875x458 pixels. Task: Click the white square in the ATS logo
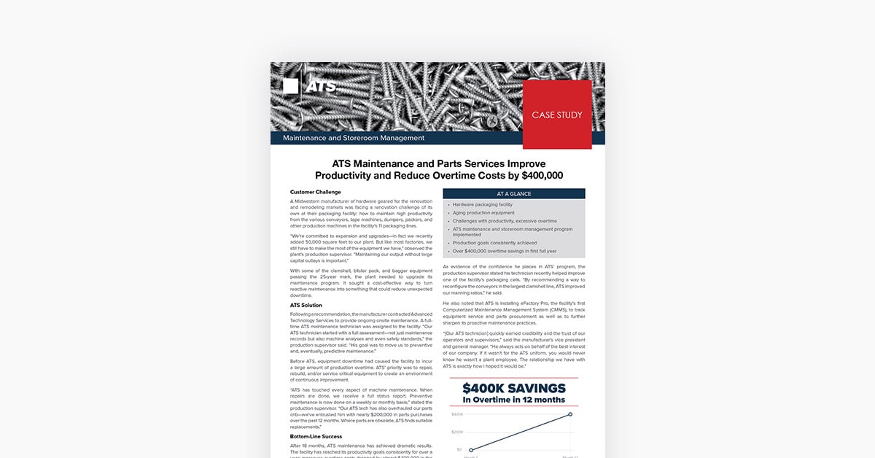pos(290,86)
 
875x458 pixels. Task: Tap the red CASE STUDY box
pos(557,114)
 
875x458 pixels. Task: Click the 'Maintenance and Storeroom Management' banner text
pos(353,138)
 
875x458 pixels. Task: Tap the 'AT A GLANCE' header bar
pos(514,194)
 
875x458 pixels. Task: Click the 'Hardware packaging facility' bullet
pos(482,205)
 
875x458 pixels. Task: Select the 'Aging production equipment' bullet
pos(483,213)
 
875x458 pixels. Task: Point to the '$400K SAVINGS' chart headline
pos(513,388)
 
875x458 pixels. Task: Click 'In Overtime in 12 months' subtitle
pos(513,400)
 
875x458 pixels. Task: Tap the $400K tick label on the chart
pos(458,414)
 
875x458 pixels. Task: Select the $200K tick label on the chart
pos(458,432)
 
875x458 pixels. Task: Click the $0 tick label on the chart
pos(459,449)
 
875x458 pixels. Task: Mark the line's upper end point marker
pos(570,414)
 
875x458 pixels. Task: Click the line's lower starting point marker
pos(471,450)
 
